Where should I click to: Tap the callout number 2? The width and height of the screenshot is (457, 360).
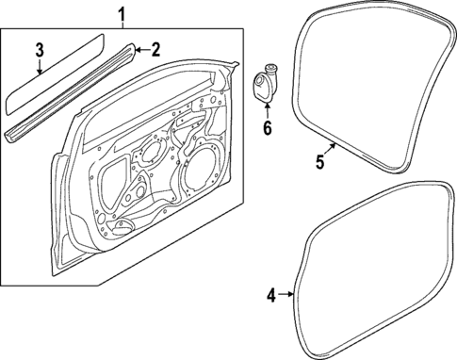pos(155,49)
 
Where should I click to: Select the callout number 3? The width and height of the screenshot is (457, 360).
pos(39,49)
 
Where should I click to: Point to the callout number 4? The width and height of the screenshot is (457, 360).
pos(271,296)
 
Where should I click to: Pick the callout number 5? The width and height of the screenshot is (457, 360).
pos(319,162)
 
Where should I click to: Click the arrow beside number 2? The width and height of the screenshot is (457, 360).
pos(140,49)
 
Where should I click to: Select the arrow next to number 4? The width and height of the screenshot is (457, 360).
pos(286,296)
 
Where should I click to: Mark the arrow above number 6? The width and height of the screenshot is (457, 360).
pos(267,108)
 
